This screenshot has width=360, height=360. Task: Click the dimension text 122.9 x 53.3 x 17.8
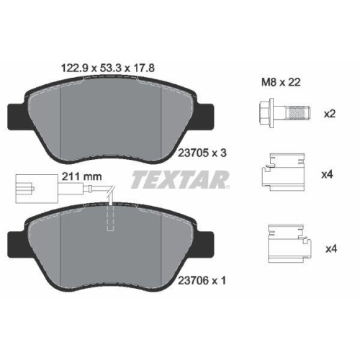[108, 68]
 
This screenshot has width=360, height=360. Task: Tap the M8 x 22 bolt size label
[281, 82]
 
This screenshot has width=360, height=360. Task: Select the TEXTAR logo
[180, 179]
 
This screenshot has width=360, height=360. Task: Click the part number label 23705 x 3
[202, 153]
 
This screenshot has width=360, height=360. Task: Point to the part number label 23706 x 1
[202, 280]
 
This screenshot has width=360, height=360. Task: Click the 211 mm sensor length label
[82, 176]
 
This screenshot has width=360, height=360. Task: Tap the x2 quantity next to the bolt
[330, 114]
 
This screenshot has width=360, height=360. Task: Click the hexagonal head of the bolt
[266, 113]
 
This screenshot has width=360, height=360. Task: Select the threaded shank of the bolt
[297, 113]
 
